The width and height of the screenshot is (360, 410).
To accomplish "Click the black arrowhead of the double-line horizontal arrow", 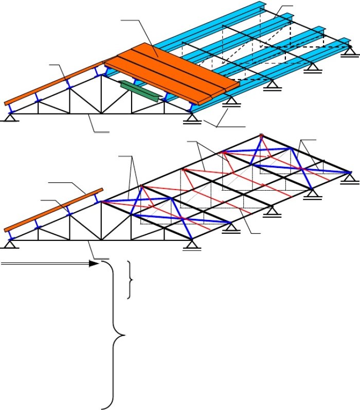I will pyautogui.click(x=94, y=264).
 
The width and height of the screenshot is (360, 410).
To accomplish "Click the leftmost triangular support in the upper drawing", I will pyautogui.click(x=9, y=118).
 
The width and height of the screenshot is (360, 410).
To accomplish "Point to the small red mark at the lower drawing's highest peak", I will pyautogui.click(x=262, y=136).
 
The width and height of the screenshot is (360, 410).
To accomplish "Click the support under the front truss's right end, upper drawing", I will pyautogui.click(x=193, y=119).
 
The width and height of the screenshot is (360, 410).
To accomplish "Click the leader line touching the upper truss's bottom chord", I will pyautogui.click(x=98, y=126).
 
